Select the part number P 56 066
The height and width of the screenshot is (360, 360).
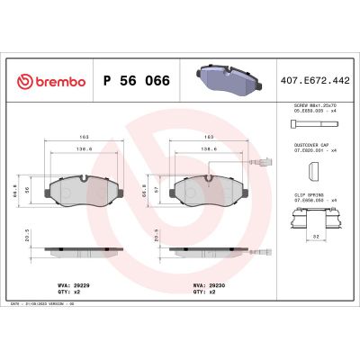(x=134, y=78)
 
